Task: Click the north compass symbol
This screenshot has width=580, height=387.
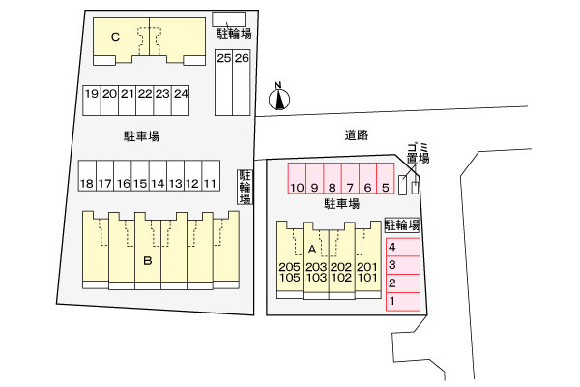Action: pyautogui.click(x=279, y=98)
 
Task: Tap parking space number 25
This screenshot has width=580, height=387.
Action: pyautogui.click(x=224, y=82)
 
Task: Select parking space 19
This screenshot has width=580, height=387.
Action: pyautogui.click(x=92, y=101)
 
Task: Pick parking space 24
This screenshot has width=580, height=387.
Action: pyautogui.click(x=181, y=101)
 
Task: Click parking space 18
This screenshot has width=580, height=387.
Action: pyautogui.click(x=87, y=175)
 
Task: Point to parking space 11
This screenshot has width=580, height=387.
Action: pyautogui.click(x=211, y=175)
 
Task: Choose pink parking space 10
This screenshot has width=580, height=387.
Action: pyautogui.click(x=297, y=178)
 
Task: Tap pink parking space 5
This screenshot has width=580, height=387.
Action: pyautogui.click(x=386, y=178)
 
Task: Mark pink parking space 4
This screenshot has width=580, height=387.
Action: pyautogui.click(x=403, y=247)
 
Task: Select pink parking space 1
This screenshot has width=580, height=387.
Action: pyautogui.click(x=403, y=302)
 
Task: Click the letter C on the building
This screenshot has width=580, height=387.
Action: pyautogui.click(x=115, y=37)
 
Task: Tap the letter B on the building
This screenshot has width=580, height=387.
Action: pyautogui.click(x=148, y=261)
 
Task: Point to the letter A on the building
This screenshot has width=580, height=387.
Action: pyautogui.click(x=312, y=250)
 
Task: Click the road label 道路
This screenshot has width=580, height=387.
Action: pyautogui.click(x=357, y=135)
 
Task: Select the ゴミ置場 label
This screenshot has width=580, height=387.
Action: pyautogui.click(x=419, y=153)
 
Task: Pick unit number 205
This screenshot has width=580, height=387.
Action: pyautogui.click(x=289, y=267)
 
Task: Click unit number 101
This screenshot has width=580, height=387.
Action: pyautogui.click(x=367, y=277)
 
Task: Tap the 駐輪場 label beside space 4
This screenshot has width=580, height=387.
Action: pyautogui.click(x=402, y=224)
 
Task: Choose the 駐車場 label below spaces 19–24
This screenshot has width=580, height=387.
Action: pyautogui.click(x=142, y=136)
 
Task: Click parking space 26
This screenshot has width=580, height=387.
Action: pyautogui.click(x=242, y=82)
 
